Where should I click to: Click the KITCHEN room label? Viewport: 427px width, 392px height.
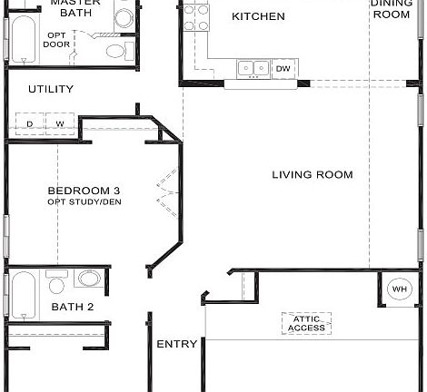click(258, 16)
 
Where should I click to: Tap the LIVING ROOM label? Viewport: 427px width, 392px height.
click(312, 175)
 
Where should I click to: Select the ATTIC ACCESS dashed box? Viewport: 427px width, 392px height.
click(306, 323)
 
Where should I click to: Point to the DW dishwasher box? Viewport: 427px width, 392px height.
click(283, 68)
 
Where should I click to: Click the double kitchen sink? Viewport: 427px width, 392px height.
click(253, 68)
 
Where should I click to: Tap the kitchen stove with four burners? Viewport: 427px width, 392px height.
click(195, 16)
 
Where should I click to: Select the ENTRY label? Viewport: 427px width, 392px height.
click(176, 345)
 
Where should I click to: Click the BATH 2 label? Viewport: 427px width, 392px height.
click(73, 308)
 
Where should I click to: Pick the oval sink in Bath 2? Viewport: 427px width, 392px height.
click(89, 278)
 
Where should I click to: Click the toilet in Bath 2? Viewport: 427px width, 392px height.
click(56, 284)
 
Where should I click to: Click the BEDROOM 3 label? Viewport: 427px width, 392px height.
click(84, 191)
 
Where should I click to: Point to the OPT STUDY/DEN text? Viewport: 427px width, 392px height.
click(84, 201)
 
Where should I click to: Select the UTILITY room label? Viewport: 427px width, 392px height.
click(50, 89)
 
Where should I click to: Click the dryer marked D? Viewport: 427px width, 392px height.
click(29, 123)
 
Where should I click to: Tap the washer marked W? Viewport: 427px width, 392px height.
click(59, 123)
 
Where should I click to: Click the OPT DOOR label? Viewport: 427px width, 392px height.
click(57, 39)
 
